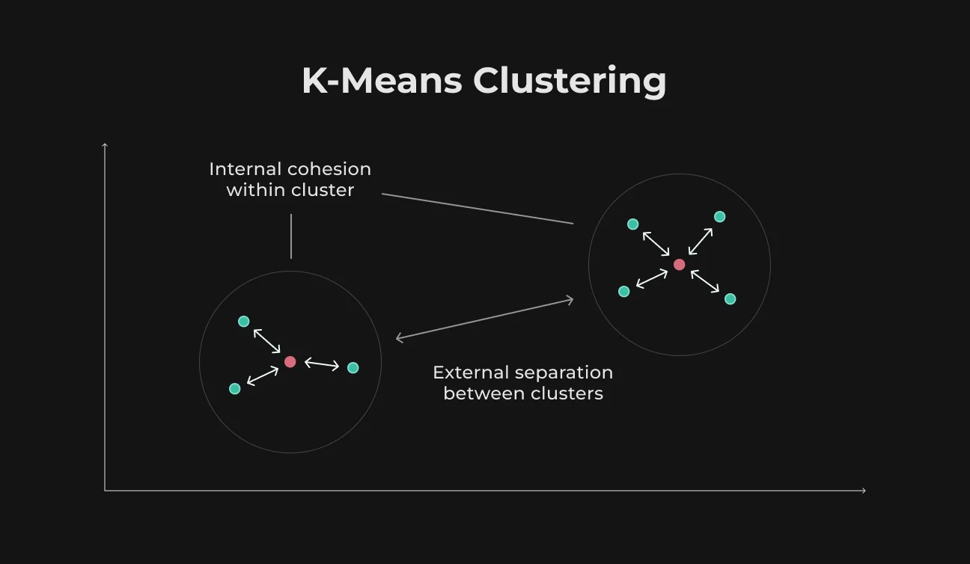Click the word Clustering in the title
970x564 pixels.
pyautogui.click(x=570, y=82)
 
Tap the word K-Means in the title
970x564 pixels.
pyautogui.click(x=382, y=80)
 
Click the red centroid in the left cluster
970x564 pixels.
pyautogui.click(x=290, y=362)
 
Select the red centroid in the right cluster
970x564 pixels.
pyautogui.click(x=679, y=265)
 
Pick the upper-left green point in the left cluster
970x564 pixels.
pyautogui.click(x=244, y=321)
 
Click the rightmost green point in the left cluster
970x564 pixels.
pyautogui.click(x=353, y=367)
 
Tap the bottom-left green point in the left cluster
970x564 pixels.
pyautogui.click(x=235, y=388)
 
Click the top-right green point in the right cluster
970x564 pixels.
pyautogui.click(x=720, y=216)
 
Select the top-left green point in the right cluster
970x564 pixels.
pyautogui.click(x=632, y=224)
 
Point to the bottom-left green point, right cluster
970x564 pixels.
pyautogui.click(x=624, y=291)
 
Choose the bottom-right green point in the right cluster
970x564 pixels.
pyautogui.click(x=730, y=298)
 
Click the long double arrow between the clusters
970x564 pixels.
pyautogui.click(x=484, y=319)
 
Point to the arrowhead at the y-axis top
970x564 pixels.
pyautogui.click(x=105, y=145)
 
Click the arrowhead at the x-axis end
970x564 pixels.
pyautogui.click(x=864, y=491)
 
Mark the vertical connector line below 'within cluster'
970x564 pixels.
pyautogui.click(x=291, y=236)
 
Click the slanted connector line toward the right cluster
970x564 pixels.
pyautogui.click(x=478, y=209)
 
